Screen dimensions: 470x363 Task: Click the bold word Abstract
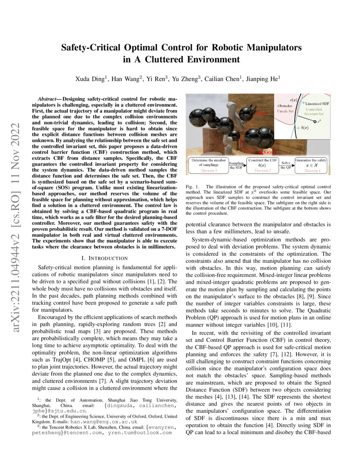[x=48, y=99]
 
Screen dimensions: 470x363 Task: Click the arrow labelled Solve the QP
[x=286, y=165]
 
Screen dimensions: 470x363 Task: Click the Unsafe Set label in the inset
[x=287, y=111]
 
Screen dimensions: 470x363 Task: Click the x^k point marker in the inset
[x=315, y=122]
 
